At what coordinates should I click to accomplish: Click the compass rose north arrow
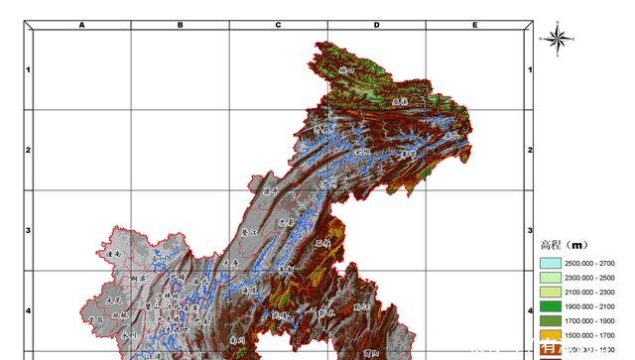(x=559, y=37)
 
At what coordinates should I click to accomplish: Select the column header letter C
(x=279, y=24)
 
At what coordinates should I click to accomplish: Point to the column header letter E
(x=475, y=24)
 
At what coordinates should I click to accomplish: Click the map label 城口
(x=346, y=70)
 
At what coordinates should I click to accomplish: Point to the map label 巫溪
(x=400, y=101)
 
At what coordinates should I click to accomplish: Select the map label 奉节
(x=407, y=155)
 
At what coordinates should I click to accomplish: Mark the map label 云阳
(x=361, y=151)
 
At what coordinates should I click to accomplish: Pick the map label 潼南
(x=112, y=255)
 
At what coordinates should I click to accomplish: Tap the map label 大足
(x=112, y=299)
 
